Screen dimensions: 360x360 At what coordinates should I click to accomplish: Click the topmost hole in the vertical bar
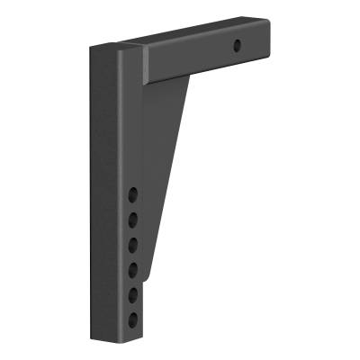pos(133,193)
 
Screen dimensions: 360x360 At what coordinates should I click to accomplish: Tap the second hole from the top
pos(133,218)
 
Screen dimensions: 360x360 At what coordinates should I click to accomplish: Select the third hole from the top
pos(133,243)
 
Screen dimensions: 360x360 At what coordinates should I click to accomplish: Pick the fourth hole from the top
pos(133,267)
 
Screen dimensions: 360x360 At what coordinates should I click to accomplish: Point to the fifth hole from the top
pos(133,292)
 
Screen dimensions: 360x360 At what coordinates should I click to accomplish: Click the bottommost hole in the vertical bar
pos(133,317)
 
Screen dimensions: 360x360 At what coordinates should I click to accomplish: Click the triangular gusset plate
pos(171,162)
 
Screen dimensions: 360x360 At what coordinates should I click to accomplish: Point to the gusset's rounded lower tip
pos(147,274)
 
